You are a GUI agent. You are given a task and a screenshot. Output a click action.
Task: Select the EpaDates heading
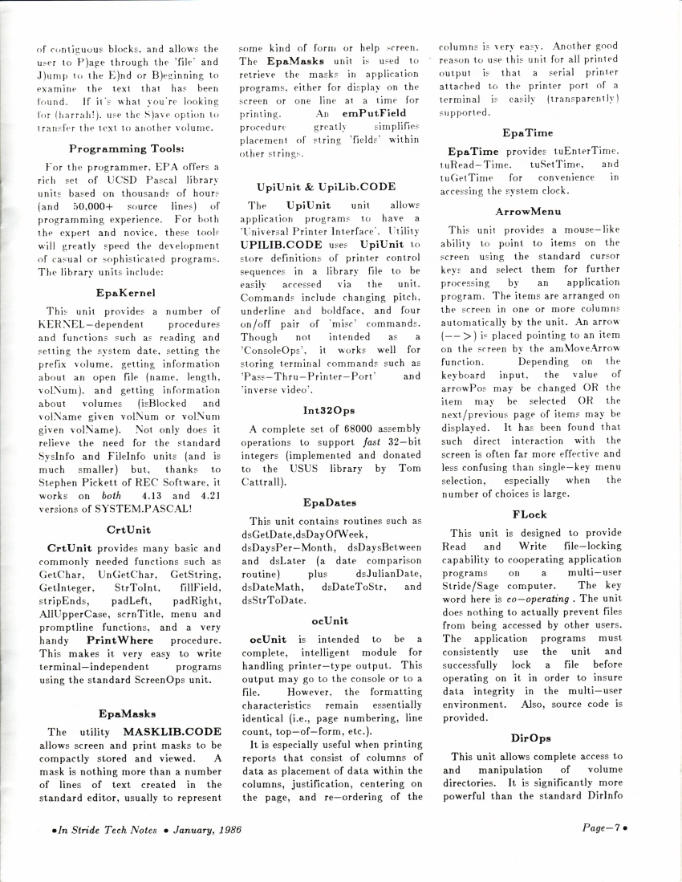330,502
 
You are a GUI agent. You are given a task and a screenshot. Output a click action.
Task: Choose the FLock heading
530,514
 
